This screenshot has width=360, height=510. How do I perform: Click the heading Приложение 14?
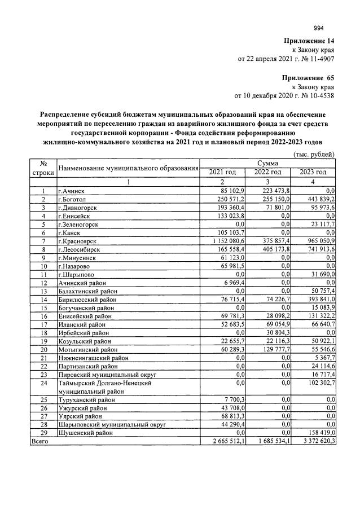tap(309, 41)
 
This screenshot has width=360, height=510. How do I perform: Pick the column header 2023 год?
tap(313, 172)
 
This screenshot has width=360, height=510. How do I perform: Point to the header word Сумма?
tap(267, 163)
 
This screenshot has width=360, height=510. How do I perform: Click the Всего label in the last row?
tap(40, 441)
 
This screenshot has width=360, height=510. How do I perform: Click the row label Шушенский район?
tap(85, 433)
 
